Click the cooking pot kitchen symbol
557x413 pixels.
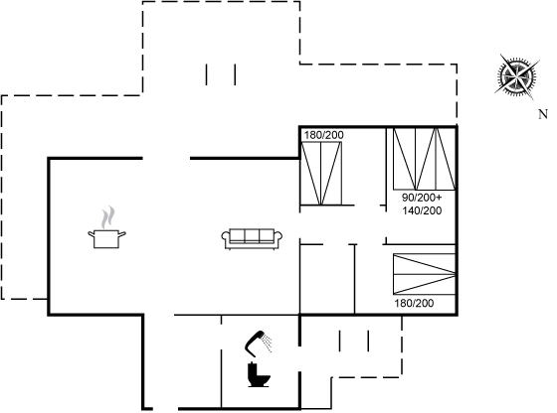pyautogui.click(x=106, y=239)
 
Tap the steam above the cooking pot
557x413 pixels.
pyautogui.click(x=108, y=217)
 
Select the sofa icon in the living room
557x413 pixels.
pyautogui.click(x=252, y=239)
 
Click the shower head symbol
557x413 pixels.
pyautogui.click(x=255, y=343)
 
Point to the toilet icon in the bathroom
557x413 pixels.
pyautogui.click(x=259, y=375)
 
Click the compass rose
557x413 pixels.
pyautogui.click(x=517, y=76)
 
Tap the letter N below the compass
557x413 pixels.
pyautogui.click(x=543, y=114)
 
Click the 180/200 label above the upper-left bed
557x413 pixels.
pyautogui.click(x=324, y=135)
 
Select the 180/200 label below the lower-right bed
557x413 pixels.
pyautogui.click(x=414, y=303)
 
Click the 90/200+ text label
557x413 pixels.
pyautogui.click(x=422, y=198)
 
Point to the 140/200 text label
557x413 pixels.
pyautogui.click(x=422, y=210)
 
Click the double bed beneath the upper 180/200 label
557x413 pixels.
pyautogui.click(x=321, y=174)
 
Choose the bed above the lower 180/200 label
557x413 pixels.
pyautogui.click(x=424, y=274)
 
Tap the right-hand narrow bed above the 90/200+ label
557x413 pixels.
pyautogui.click(x=446, y=159)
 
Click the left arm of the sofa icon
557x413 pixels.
pyautogui.click(x=226, y=239)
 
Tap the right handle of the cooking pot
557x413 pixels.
pyautogui.click(x=121, y=234)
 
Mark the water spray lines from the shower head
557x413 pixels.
pyautogui.click(x=267, y=342)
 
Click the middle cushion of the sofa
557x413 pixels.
pyautogui.click(x=252, y=235)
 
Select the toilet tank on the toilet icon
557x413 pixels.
pyautogui.click(x=253, y=367)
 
